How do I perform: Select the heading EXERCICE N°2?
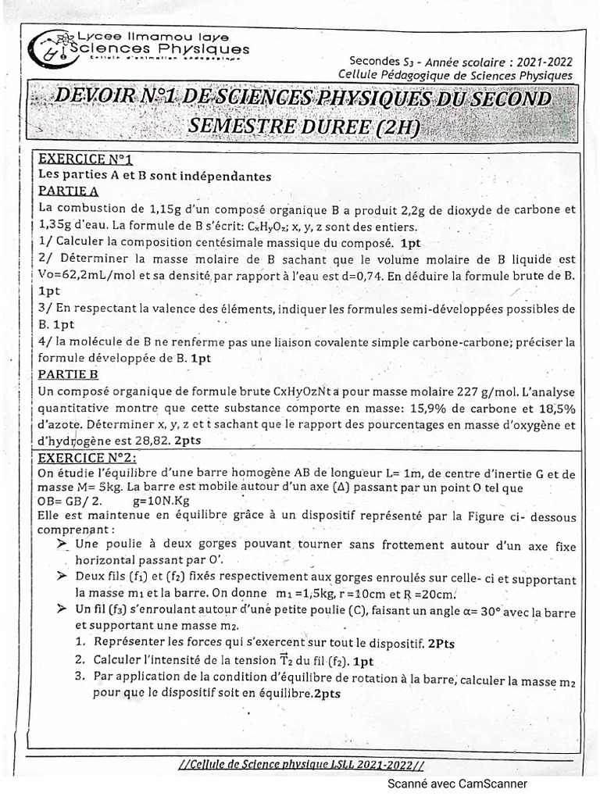pyautogui.click(x=89, y=457)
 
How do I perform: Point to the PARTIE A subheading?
pyautogui.click(x=68, y=191)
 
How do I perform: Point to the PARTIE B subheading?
pyautogui.click(x=68, y=373)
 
